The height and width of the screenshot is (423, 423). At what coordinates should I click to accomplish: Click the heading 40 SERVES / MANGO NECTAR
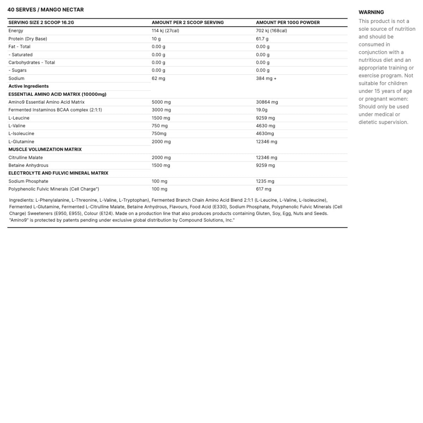click(x=45, y=10)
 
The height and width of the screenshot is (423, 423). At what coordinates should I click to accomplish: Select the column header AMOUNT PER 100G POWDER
click(x=288, y=23)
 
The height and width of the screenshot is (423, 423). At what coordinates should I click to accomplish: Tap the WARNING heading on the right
click(x=371, y=12)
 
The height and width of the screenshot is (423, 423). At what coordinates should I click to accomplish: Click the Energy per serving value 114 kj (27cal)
click(x=165, y=31)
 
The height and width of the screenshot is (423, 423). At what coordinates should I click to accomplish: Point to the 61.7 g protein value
click(x=262, y=39)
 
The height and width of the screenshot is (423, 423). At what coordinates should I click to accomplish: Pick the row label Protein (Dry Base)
click(x=27, y=39)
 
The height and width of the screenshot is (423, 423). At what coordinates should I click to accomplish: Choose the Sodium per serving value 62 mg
click(x=158, y=78)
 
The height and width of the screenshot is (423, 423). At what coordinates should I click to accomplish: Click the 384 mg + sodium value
click(x=266, y=78)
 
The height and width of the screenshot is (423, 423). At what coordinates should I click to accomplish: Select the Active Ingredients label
click(x=29, y=86)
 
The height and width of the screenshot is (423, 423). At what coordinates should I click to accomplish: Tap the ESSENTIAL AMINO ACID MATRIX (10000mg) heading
click(x=57, y=94)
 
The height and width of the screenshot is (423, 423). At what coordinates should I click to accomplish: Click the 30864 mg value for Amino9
click(x=267, y=102)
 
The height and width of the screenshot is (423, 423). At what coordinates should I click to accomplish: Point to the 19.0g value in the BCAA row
click(x=262, y=110)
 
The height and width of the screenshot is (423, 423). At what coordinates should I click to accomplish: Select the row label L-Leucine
click(x=19, y=118)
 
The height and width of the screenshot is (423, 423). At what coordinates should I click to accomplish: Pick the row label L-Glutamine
click(x=21, y=142)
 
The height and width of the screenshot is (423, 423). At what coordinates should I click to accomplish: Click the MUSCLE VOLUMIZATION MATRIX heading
click(x=45, y=149)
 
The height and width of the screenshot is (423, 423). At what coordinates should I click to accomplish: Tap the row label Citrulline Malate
click(x=25, y=158)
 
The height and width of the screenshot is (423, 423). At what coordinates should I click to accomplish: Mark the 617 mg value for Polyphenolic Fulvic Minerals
click(x=264, y=189)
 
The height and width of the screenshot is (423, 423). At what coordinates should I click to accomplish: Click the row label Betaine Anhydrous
click(x=28, y=165)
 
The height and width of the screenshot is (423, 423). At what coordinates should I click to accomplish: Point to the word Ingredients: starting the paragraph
click(x=22, y=200)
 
